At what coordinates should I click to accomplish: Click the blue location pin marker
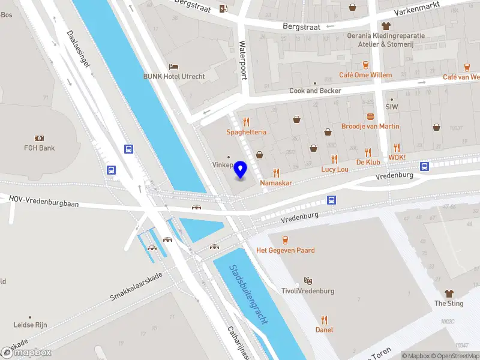(241, 170)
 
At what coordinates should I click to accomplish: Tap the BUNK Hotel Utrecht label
(174, 76)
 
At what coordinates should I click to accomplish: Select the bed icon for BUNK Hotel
(173, 66)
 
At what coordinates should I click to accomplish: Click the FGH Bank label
(40, 148)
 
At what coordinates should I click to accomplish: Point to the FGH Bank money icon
(40, 138)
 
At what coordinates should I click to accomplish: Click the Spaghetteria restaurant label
(246, 132)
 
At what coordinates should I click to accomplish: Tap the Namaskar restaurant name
(276, 182)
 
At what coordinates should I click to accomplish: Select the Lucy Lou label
(334, 170)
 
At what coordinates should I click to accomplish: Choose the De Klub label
(368, 162)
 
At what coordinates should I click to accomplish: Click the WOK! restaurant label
(397, 157)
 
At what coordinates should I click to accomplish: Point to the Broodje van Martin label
(370, 126)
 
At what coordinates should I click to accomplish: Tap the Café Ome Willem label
(365, 75)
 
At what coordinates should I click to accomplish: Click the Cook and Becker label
(315, 91)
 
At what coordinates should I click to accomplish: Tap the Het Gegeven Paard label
(286, 250)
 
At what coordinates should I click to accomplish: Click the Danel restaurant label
(324, 329)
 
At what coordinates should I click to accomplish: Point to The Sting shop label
(449, 304)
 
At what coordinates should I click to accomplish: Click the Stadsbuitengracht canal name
(248, 295)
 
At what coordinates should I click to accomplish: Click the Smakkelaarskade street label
(136, 288)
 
